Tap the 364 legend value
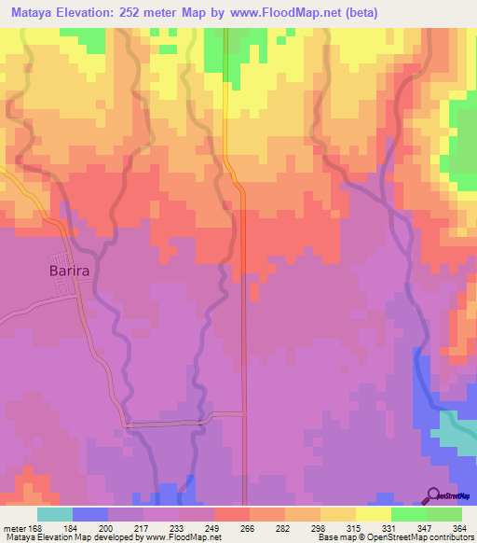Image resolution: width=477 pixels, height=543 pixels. tap(457, 528)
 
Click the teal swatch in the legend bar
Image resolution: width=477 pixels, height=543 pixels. tap(55, 514)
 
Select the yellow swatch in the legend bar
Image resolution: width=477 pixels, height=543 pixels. tap(373, 514)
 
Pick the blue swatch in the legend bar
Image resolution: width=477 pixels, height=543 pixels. tap(90, 514)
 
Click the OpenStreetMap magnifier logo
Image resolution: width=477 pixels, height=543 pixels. tap(434, 494)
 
